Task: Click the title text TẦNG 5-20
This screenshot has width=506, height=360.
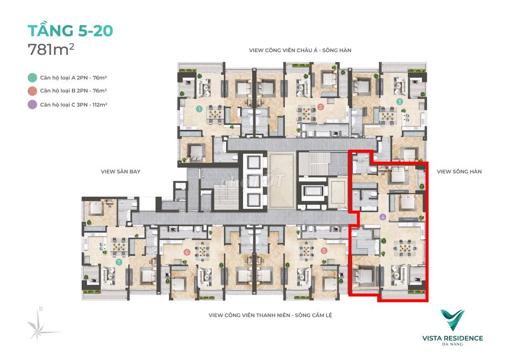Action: [70, 31]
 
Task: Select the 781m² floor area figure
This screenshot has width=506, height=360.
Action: [51, 49]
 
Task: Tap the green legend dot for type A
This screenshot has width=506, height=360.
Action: [32, 78]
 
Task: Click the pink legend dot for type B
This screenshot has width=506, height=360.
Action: [32, 91]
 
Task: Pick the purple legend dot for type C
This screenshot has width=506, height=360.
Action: [32, 105]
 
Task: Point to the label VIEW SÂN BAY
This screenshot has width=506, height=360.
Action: [121, 172]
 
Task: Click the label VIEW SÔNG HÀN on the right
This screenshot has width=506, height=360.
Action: [459, 172]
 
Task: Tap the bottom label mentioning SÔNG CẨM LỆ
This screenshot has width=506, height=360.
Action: [270, 315]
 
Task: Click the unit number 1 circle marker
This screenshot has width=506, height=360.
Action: [200, 109]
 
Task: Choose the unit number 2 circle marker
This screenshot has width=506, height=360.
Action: [320, 107]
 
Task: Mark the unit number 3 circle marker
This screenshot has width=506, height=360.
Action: [399, 102]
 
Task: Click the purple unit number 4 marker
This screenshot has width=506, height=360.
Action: [383, 217]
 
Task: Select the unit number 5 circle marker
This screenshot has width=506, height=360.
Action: [324, 251]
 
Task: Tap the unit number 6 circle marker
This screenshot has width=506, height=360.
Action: [186, 252]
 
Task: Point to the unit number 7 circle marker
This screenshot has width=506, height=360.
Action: [119, 262]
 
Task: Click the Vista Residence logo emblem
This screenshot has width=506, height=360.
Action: [453, 319]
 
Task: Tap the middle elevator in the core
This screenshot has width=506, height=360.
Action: [253, 181]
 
